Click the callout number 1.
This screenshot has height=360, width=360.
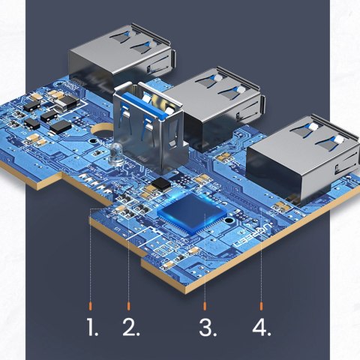[x=93, y=328]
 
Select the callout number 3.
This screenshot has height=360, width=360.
[x=205, y=328]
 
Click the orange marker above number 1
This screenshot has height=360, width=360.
[x=91, y=306]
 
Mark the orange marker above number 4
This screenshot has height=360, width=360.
[x=261, y=306]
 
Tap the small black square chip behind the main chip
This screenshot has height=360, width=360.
[x=160, y=184]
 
